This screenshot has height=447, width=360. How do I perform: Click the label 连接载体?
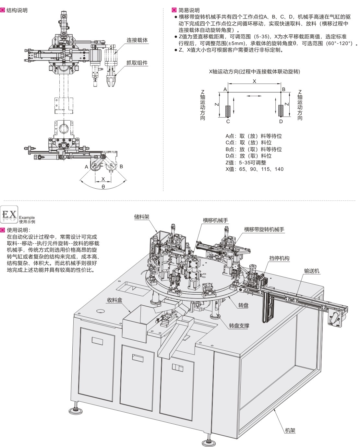point(137,40)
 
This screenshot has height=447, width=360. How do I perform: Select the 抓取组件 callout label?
point(137,63)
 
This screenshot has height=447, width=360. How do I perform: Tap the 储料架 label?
point(142,217)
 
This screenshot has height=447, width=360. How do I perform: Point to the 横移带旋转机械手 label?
point(264,229)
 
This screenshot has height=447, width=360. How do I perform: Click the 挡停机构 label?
point(279,258)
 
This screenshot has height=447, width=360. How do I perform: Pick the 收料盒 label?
point(114,300)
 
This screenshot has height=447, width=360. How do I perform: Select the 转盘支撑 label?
point(239,325)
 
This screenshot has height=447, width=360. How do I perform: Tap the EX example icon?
point(9,214)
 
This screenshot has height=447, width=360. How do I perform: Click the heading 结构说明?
point(17,10)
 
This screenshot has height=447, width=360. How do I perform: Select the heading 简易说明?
point(189,10)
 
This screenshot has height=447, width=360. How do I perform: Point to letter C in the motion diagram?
point(228,122)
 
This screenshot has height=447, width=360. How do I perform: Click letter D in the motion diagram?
point(281,122)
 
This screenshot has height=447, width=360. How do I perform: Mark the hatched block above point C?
point(228,111)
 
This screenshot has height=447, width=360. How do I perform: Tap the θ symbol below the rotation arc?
point(103,187)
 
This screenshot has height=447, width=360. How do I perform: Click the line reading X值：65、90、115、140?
point(254,169)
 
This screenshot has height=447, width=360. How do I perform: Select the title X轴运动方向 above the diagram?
point(254,72)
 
